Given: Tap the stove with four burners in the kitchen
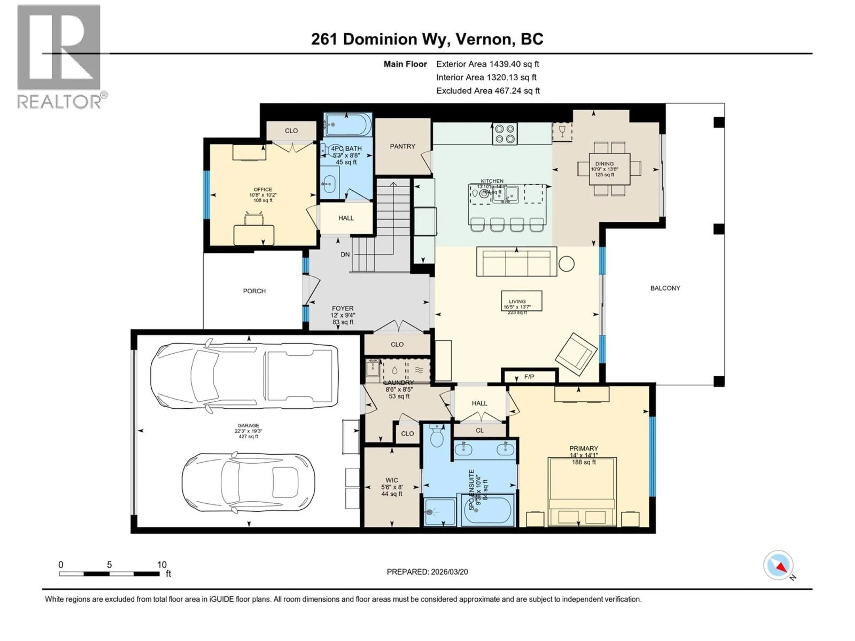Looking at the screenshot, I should (504, 134).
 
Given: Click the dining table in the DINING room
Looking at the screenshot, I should (609, 169).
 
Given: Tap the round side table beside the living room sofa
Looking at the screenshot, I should (566, 264).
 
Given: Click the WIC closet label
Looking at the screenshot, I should (392, 480).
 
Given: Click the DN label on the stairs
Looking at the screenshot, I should (345, 255).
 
